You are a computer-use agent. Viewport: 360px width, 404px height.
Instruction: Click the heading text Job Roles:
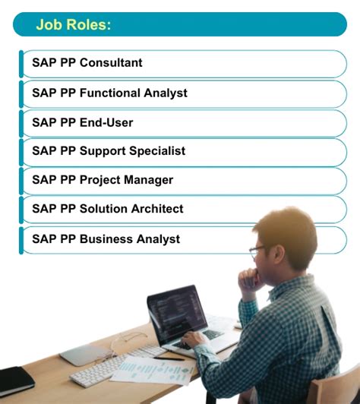73,25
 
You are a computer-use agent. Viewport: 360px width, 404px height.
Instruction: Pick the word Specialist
156,151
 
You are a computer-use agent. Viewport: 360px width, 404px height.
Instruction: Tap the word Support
102,151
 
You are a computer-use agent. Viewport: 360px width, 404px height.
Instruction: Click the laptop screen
175,311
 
